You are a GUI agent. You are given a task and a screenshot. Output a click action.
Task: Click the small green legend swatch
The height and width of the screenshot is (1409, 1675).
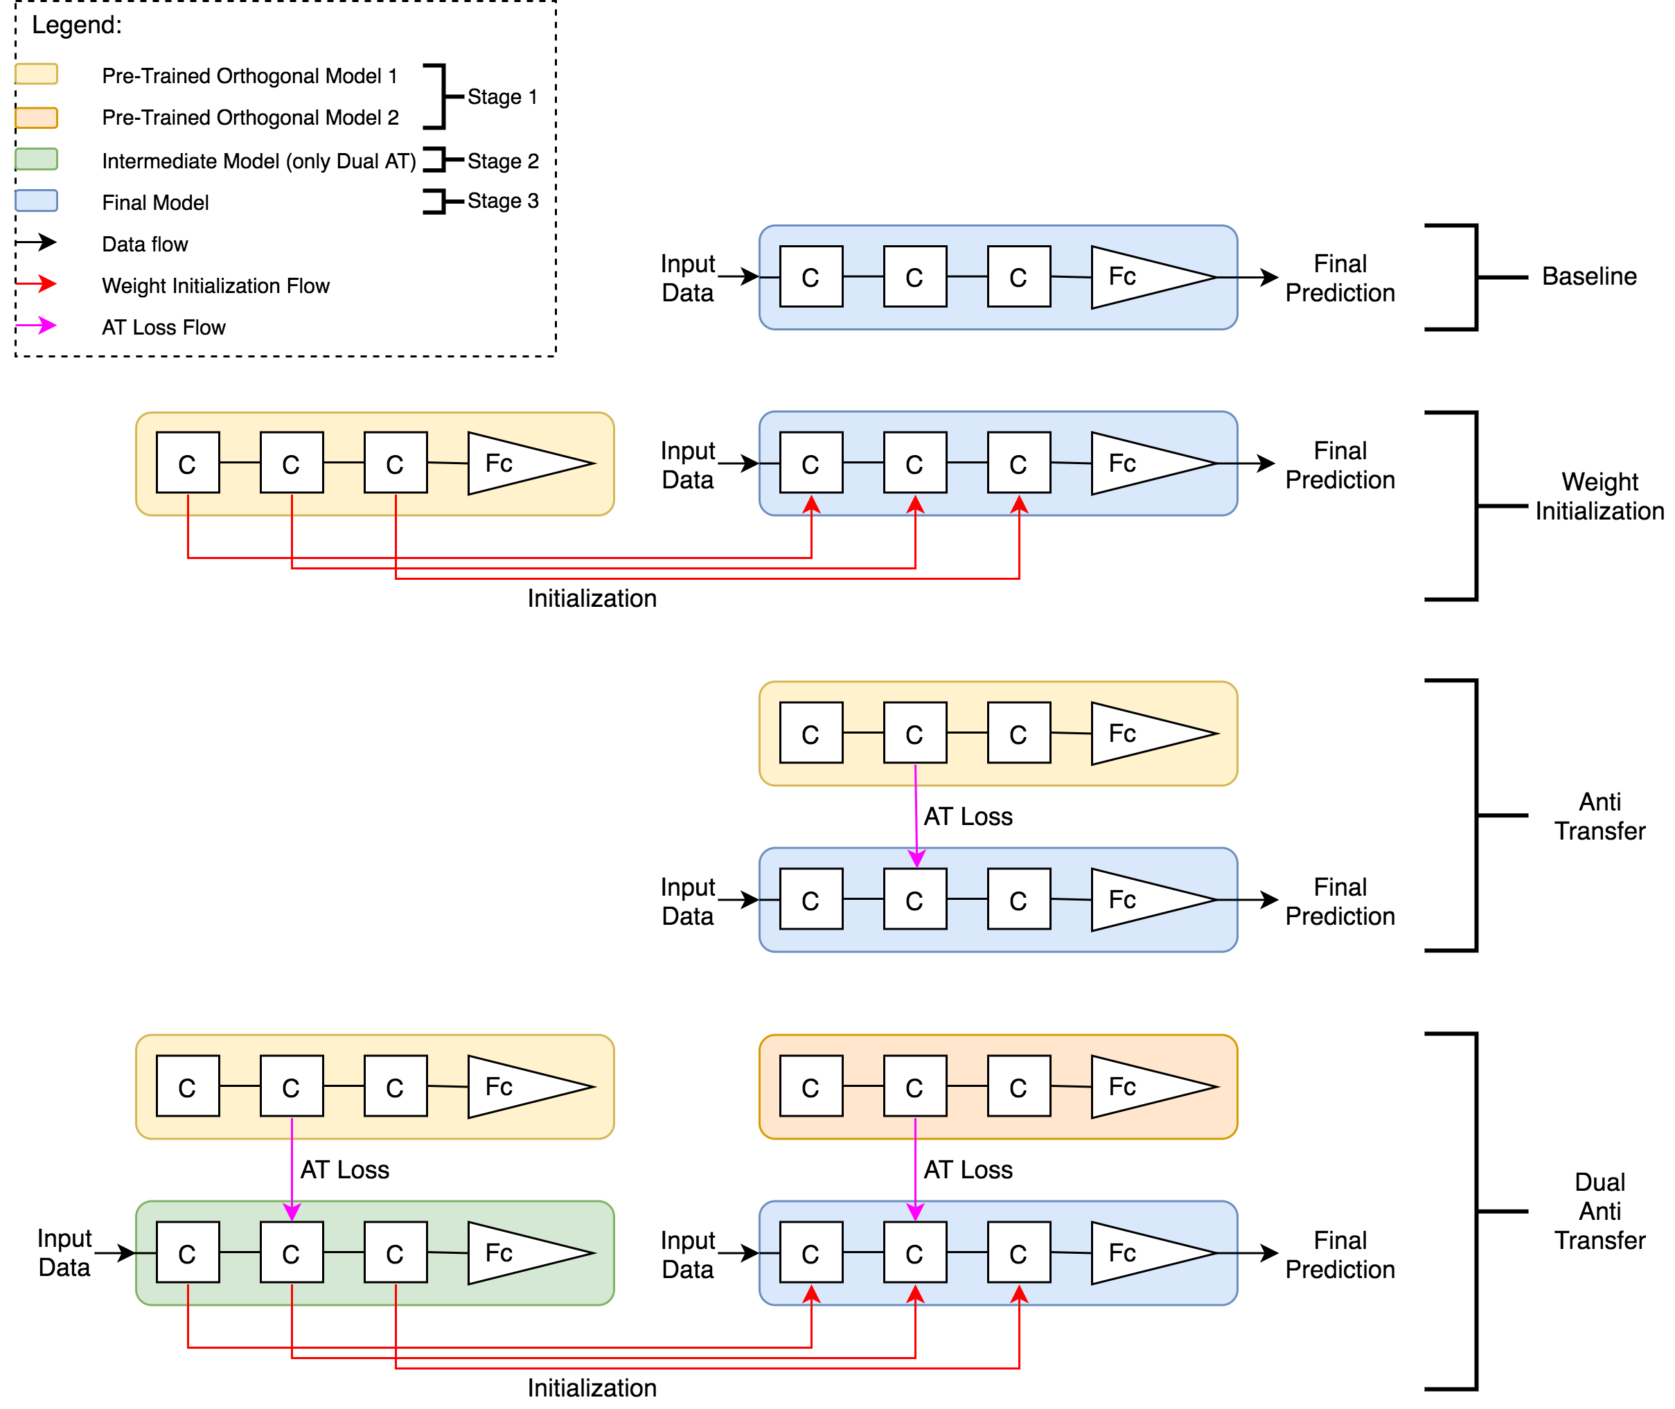tap(36, 159)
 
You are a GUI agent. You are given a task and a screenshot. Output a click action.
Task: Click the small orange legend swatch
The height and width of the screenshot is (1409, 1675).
tap(36, 118)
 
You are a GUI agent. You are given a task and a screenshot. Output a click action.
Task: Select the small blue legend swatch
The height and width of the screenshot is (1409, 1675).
tap(36, 200)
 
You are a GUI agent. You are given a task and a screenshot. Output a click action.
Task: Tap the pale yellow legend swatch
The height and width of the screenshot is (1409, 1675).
tap(36, 73)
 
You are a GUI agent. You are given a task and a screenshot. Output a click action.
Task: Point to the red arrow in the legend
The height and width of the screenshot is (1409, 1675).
tap(36, 283)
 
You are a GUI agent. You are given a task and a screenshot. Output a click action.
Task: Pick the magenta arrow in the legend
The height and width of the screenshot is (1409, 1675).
tap(36, 325)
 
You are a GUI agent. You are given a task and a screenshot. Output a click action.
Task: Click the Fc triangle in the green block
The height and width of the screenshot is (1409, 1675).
tap(519, 1253)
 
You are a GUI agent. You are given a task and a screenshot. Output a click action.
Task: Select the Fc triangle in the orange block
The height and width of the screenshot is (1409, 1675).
tap(1142, 1087)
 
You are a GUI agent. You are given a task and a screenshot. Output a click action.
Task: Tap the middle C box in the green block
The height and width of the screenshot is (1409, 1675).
tap(292, 1252)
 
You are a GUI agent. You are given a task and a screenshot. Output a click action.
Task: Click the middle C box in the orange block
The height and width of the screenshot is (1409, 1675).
tap(914, 1086)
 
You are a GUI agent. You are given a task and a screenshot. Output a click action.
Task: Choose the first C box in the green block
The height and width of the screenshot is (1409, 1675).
tap(188, 1252)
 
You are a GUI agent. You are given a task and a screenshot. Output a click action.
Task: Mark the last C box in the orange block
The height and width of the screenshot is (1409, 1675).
tap(1018, 1086)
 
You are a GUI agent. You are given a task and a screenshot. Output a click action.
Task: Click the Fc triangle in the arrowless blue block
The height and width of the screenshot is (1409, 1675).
tap(1142, 277)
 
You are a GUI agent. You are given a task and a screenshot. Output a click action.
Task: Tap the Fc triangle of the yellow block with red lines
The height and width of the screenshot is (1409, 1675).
tap(519, 463)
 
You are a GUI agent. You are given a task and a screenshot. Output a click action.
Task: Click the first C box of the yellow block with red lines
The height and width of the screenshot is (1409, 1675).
tap(188, 463)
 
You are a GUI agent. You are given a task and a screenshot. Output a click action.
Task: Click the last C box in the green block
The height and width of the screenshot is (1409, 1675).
tap(396, 1252)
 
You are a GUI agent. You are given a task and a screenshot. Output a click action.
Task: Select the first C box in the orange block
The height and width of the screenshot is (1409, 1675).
tap(810, 1086)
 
